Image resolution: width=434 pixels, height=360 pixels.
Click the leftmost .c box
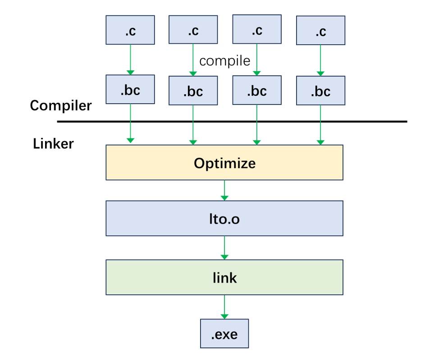click(130, 30)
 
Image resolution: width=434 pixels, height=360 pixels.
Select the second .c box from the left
click(193, 30)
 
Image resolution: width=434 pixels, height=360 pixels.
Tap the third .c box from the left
click(257, 29)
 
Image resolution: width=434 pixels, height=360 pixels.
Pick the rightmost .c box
click(320, 30)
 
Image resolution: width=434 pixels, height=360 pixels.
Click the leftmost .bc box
click(130, 89)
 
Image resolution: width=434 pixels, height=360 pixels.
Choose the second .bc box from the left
click(193, 91)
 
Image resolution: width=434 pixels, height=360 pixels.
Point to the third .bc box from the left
click(257, 90)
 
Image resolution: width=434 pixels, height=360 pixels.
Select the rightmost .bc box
click(320, 91)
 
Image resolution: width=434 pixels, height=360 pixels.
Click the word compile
click(225, 61)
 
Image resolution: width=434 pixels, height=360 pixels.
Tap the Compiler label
click(61, 106)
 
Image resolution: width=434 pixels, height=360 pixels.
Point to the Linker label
click(54, 144)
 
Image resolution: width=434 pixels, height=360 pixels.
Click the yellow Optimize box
click(224, 163)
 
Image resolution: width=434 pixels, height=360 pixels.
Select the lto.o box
click(224, 219)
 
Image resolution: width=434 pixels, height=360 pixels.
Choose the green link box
click(224, 277)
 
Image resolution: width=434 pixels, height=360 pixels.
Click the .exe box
click(224, 333)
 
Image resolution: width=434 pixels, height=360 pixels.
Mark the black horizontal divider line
click(232, 122)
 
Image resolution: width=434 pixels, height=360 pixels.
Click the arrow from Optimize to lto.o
click(224, 191)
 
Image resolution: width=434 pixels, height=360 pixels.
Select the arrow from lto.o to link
click(224, 248)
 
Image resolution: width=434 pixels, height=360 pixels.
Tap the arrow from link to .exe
click(224, 307)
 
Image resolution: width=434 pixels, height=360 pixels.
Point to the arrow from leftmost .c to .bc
click(130, 59)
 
